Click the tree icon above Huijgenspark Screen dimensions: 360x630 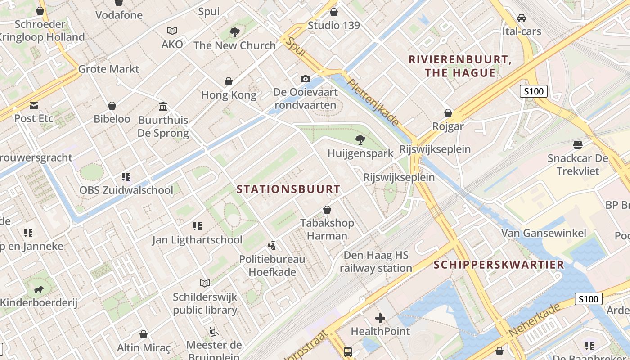tap(360, 140)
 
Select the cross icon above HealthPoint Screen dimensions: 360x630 tap(380, 319)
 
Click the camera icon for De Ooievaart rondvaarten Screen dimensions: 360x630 tap(306, 79)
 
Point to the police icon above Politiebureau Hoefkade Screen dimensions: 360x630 tap(272, 246)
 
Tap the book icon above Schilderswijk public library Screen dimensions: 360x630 tap(205, 283)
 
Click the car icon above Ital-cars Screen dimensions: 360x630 tap(522, 18)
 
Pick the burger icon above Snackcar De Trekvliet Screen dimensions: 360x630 tap(578, 145)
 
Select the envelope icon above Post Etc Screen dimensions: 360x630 tap(34, 106)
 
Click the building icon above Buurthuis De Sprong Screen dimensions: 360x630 tap(163, 107)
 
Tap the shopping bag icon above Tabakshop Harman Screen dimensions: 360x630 tap(327, 210)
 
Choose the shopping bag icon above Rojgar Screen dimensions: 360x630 tap(448, 113)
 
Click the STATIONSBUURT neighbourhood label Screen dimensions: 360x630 tap(288, 189)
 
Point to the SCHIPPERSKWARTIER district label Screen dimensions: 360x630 tap(499, 265)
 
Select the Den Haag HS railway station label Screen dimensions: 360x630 tap(376, 262)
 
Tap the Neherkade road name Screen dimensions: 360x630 tap(535, 320)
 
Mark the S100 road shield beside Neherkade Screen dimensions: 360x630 tap(588, 299)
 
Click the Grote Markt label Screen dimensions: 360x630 tap(109, 69)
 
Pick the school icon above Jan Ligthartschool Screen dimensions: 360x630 tap(197, 226)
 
